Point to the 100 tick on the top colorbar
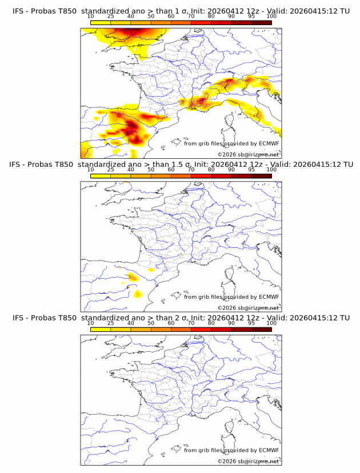point(271,17)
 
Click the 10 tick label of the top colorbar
point(90,17)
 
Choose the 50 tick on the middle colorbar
point(151,170)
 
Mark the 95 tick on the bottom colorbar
point(251,323)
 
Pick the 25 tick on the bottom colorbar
point(110,323)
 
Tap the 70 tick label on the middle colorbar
point(191,170)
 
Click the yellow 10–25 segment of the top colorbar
point(101,23)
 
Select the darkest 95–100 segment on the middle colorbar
point(262,176)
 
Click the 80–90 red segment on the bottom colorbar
point(221,330)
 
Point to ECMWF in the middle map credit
point(269,297)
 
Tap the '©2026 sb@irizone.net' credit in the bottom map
point(249,461)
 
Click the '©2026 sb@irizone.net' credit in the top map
point(249,155)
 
